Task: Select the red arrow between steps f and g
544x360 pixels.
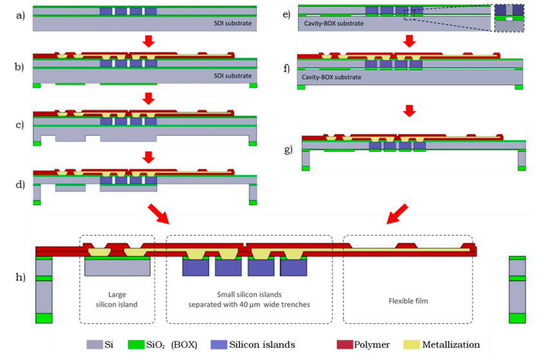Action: click(x=409, y=111)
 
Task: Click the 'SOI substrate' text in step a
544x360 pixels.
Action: click(x=233, y=23)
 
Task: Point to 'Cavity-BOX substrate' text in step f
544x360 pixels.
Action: click(x=331, y=76)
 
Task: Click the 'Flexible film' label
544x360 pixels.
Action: click(x=408, y=300)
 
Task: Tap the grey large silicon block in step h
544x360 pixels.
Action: click(x=118, y=267)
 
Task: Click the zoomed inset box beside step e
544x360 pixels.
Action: click(x=510, y=18)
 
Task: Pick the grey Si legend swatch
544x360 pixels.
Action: click(x=95, y=345)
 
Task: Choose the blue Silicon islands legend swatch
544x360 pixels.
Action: click(x=220, y=345)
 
